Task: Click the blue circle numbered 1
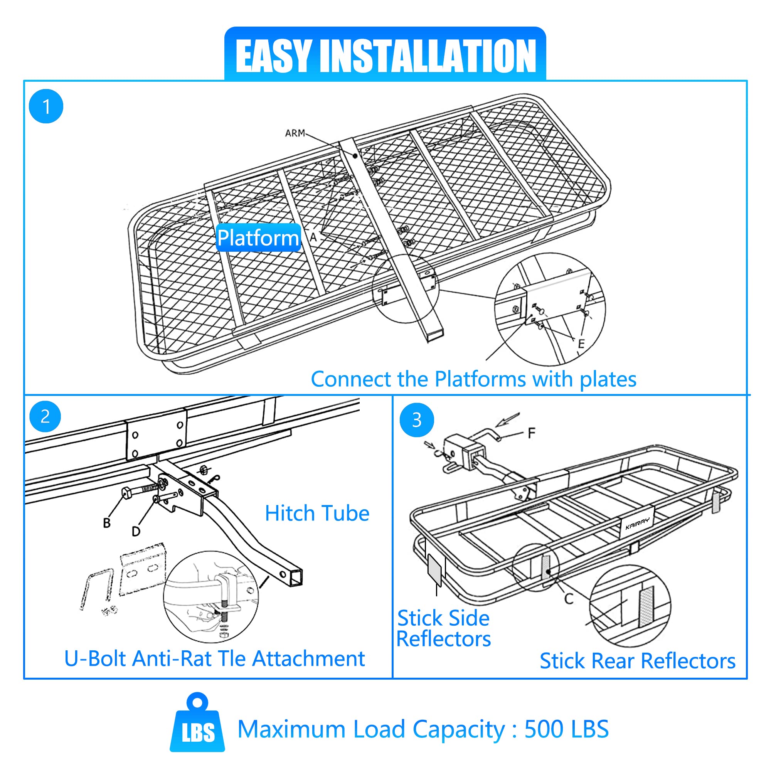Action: tap(46, 106)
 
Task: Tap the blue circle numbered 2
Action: tap(45, 416)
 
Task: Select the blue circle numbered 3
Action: tap(417, 420)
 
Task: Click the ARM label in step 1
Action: tap(295, 133)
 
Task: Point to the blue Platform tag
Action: tap(258, 238)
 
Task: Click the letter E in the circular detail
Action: tap(581, 343)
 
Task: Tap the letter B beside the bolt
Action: tap(106, 523)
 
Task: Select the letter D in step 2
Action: tap(136, 531)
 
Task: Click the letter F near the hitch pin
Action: tap(531, 433)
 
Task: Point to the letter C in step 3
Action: tap(569, 599)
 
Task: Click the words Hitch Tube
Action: tap(317, 513)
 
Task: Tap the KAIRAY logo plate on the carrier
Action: tap(637, 523)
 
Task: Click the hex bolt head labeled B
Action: tap(127, 494)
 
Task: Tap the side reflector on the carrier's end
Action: tap(434, 570)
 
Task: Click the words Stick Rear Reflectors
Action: tap(637, 661)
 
